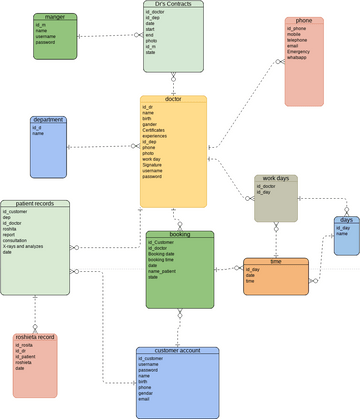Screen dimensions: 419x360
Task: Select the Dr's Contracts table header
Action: tap(173, 5)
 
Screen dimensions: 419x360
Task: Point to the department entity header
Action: tap(48, 119)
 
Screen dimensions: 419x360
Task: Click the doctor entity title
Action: tap(172, 99)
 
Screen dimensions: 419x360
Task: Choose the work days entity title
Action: tap(275, 178)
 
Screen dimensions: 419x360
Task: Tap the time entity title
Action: tap(275, 261)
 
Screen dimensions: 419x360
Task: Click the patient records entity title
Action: tap(35, 203)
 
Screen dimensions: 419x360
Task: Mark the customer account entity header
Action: tap(177, 351)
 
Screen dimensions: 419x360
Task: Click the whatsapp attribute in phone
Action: tap(297, 58)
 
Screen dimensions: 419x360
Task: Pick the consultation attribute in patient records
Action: tap(16, 240)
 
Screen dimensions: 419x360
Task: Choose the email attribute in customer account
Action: tap(145, 399)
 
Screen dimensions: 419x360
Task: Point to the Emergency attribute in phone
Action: tap(298, 52)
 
